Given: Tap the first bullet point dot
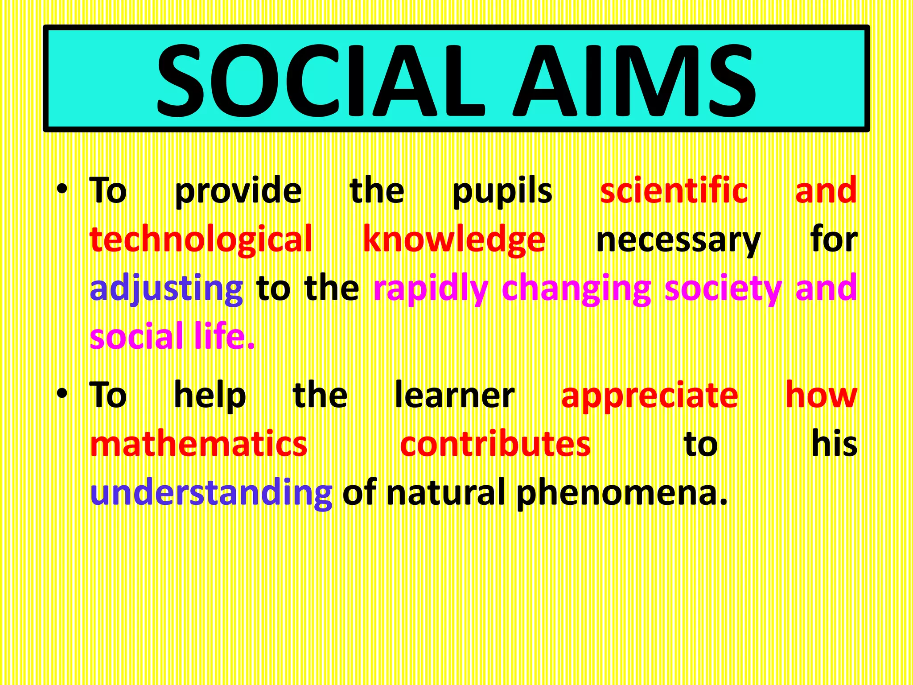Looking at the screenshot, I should [62, 190].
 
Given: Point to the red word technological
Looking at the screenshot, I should [201, 239].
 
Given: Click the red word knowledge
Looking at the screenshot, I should [454, 239].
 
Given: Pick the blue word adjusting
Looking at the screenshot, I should [166, 289].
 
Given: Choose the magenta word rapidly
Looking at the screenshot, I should [431, 289].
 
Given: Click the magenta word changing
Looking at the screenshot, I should [576, 289].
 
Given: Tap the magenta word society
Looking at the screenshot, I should [723, 289].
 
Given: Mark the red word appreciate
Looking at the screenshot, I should [650, 396].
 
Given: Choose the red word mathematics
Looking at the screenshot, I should [198, 444].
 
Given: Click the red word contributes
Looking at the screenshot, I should [495, 444].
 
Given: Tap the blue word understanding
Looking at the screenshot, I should [211, 493].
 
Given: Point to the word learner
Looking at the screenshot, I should [454, 395].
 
